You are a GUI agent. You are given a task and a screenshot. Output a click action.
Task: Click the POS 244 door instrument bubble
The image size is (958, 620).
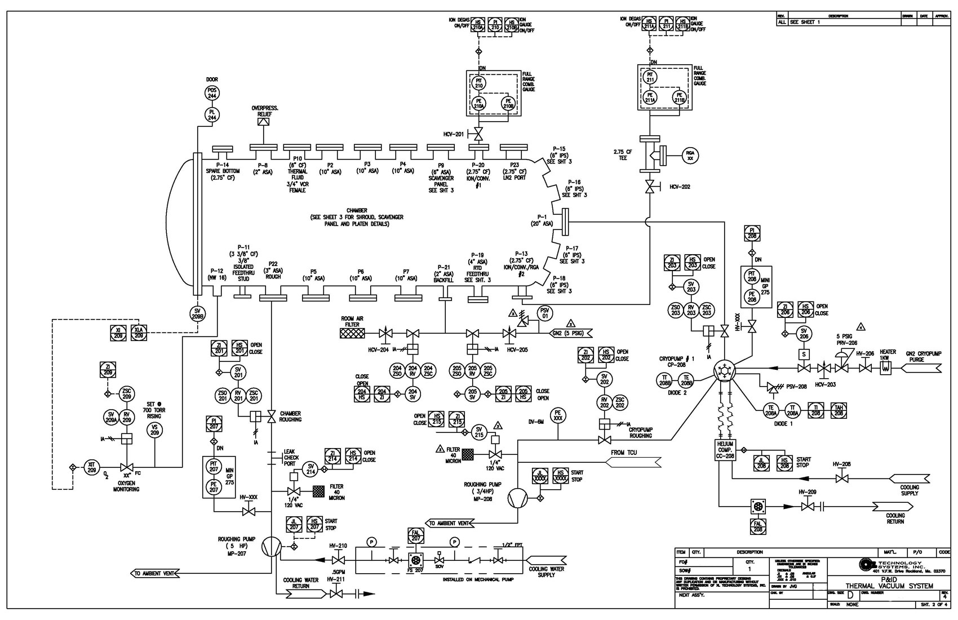pyautogui.click(x=212, y=94)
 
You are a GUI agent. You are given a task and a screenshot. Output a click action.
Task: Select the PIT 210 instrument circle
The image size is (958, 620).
pyautogui.click(x=479, y=82)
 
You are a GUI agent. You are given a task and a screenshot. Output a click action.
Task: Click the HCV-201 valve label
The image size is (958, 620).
pyautogui.click(x=454, y=134)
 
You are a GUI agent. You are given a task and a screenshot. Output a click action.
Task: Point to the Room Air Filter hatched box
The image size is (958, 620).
pyautogui.click(x=353, y=334)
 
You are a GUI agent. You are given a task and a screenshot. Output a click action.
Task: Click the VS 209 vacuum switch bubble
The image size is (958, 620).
pyautogui.click(x=154, y=430)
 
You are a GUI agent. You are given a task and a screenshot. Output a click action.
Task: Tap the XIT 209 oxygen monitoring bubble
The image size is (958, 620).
pyautogui.click(x=92, y=467)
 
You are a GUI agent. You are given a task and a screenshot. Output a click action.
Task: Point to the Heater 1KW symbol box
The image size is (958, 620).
pyautogui.click(x=884, y=368)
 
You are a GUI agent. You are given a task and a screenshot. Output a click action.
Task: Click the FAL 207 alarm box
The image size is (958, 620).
pyautogui.click(x=416, y=535)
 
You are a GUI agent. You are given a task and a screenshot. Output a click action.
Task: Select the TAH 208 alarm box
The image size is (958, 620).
pyautogui.click(x=838, y=410)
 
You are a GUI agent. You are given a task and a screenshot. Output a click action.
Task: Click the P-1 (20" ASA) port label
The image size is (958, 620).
pyautogui.click(x=543, y=220)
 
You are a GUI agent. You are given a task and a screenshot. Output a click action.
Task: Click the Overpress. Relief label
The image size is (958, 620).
pyautogui.click(x=264, y=110)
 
